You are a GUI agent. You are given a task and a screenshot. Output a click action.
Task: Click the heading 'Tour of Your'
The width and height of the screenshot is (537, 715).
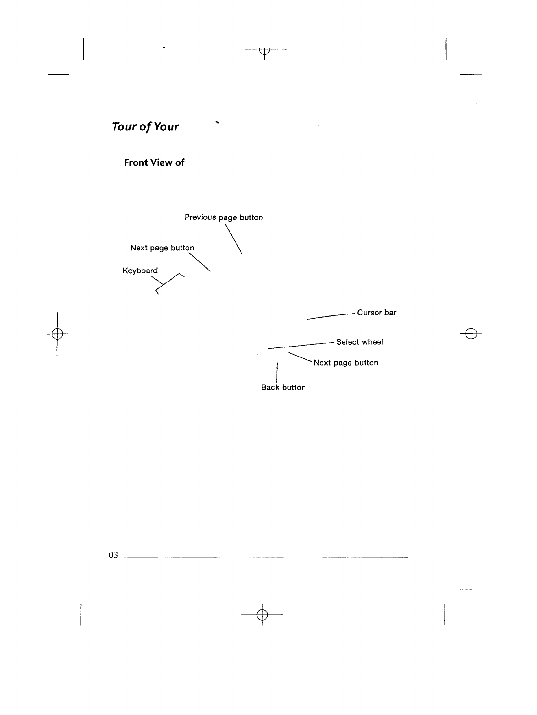tap(145, 127)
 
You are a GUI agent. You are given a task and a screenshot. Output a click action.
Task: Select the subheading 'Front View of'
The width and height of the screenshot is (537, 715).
tap(154, 162)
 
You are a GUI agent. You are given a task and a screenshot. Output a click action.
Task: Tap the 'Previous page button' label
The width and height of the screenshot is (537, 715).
tap(224, 217)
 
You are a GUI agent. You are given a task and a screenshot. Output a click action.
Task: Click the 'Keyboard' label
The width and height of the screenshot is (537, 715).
tap(140, 271)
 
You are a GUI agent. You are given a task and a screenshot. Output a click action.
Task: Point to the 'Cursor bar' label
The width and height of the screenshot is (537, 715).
tap(377, 313)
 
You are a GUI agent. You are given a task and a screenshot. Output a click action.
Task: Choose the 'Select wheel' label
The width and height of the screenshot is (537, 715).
tap(359, 342)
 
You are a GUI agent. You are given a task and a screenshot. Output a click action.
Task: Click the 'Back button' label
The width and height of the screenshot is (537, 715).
tap(283, 387)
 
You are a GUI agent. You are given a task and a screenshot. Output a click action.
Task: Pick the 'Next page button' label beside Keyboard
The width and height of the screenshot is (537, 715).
tap(162, 248)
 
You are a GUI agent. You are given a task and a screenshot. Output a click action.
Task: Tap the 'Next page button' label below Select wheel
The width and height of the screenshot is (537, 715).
tap(346, 363)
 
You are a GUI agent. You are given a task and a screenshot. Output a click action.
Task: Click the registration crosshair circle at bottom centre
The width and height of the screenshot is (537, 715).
tap(261, 614)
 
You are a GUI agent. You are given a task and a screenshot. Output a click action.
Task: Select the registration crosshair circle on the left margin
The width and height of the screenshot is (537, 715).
tap(57, 333)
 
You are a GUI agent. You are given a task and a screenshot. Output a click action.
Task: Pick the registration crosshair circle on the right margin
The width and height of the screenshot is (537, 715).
tap(471, 333)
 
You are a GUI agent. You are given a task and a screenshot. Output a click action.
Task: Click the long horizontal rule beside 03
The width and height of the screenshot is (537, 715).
tap(266, 558)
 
